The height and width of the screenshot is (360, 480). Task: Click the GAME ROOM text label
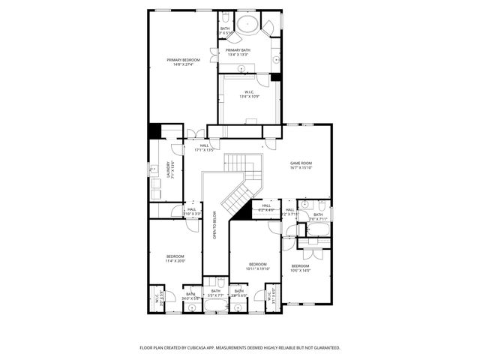(301, 165)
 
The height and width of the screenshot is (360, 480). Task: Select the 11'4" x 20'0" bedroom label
(175, 259)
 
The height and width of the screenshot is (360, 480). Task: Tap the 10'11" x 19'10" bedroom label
(258, 266)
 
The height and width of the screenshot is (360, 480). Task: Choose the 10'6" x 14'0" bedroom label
(300, 268)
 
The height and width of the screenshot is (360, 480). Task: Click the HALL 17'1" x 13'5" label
(204, 148)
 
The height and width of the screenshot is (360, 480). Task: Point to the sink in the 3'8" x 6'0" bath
(238, 305)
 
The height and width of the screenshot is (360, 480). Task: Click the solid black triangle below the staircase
(240, 213)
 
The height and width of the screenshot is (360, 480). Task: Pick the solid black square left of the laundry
(154, 130)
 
